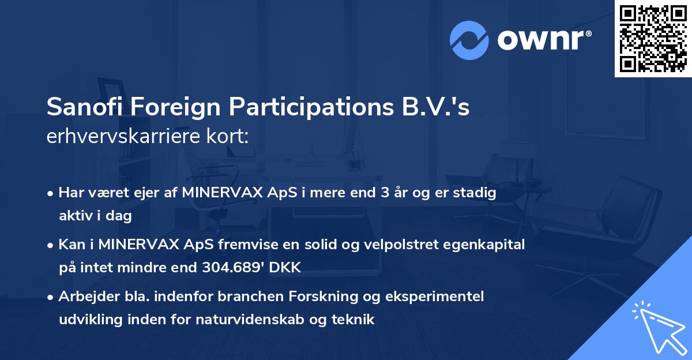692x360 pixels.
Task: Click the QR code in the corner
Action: pyautogui.click(x=653, y=39)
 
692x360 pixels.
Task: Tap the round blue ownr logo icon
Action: pyautogui.click(x=469, y=40)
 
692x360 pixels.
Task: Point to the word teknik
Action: pyautogui.click(x=355, y=319)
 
